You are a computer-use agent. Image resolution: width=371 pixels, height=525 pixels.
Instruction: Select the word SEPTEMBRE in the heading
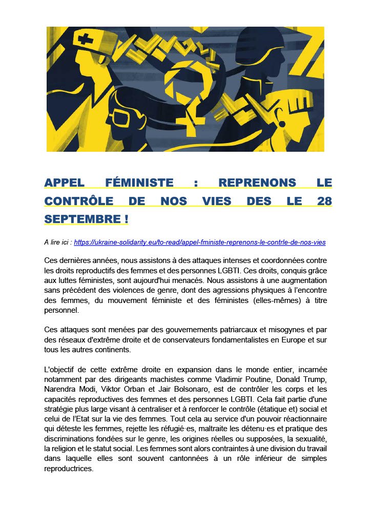82,219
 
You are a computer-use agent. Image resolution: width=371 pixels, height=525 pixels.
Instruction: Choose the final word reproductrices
69,469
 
